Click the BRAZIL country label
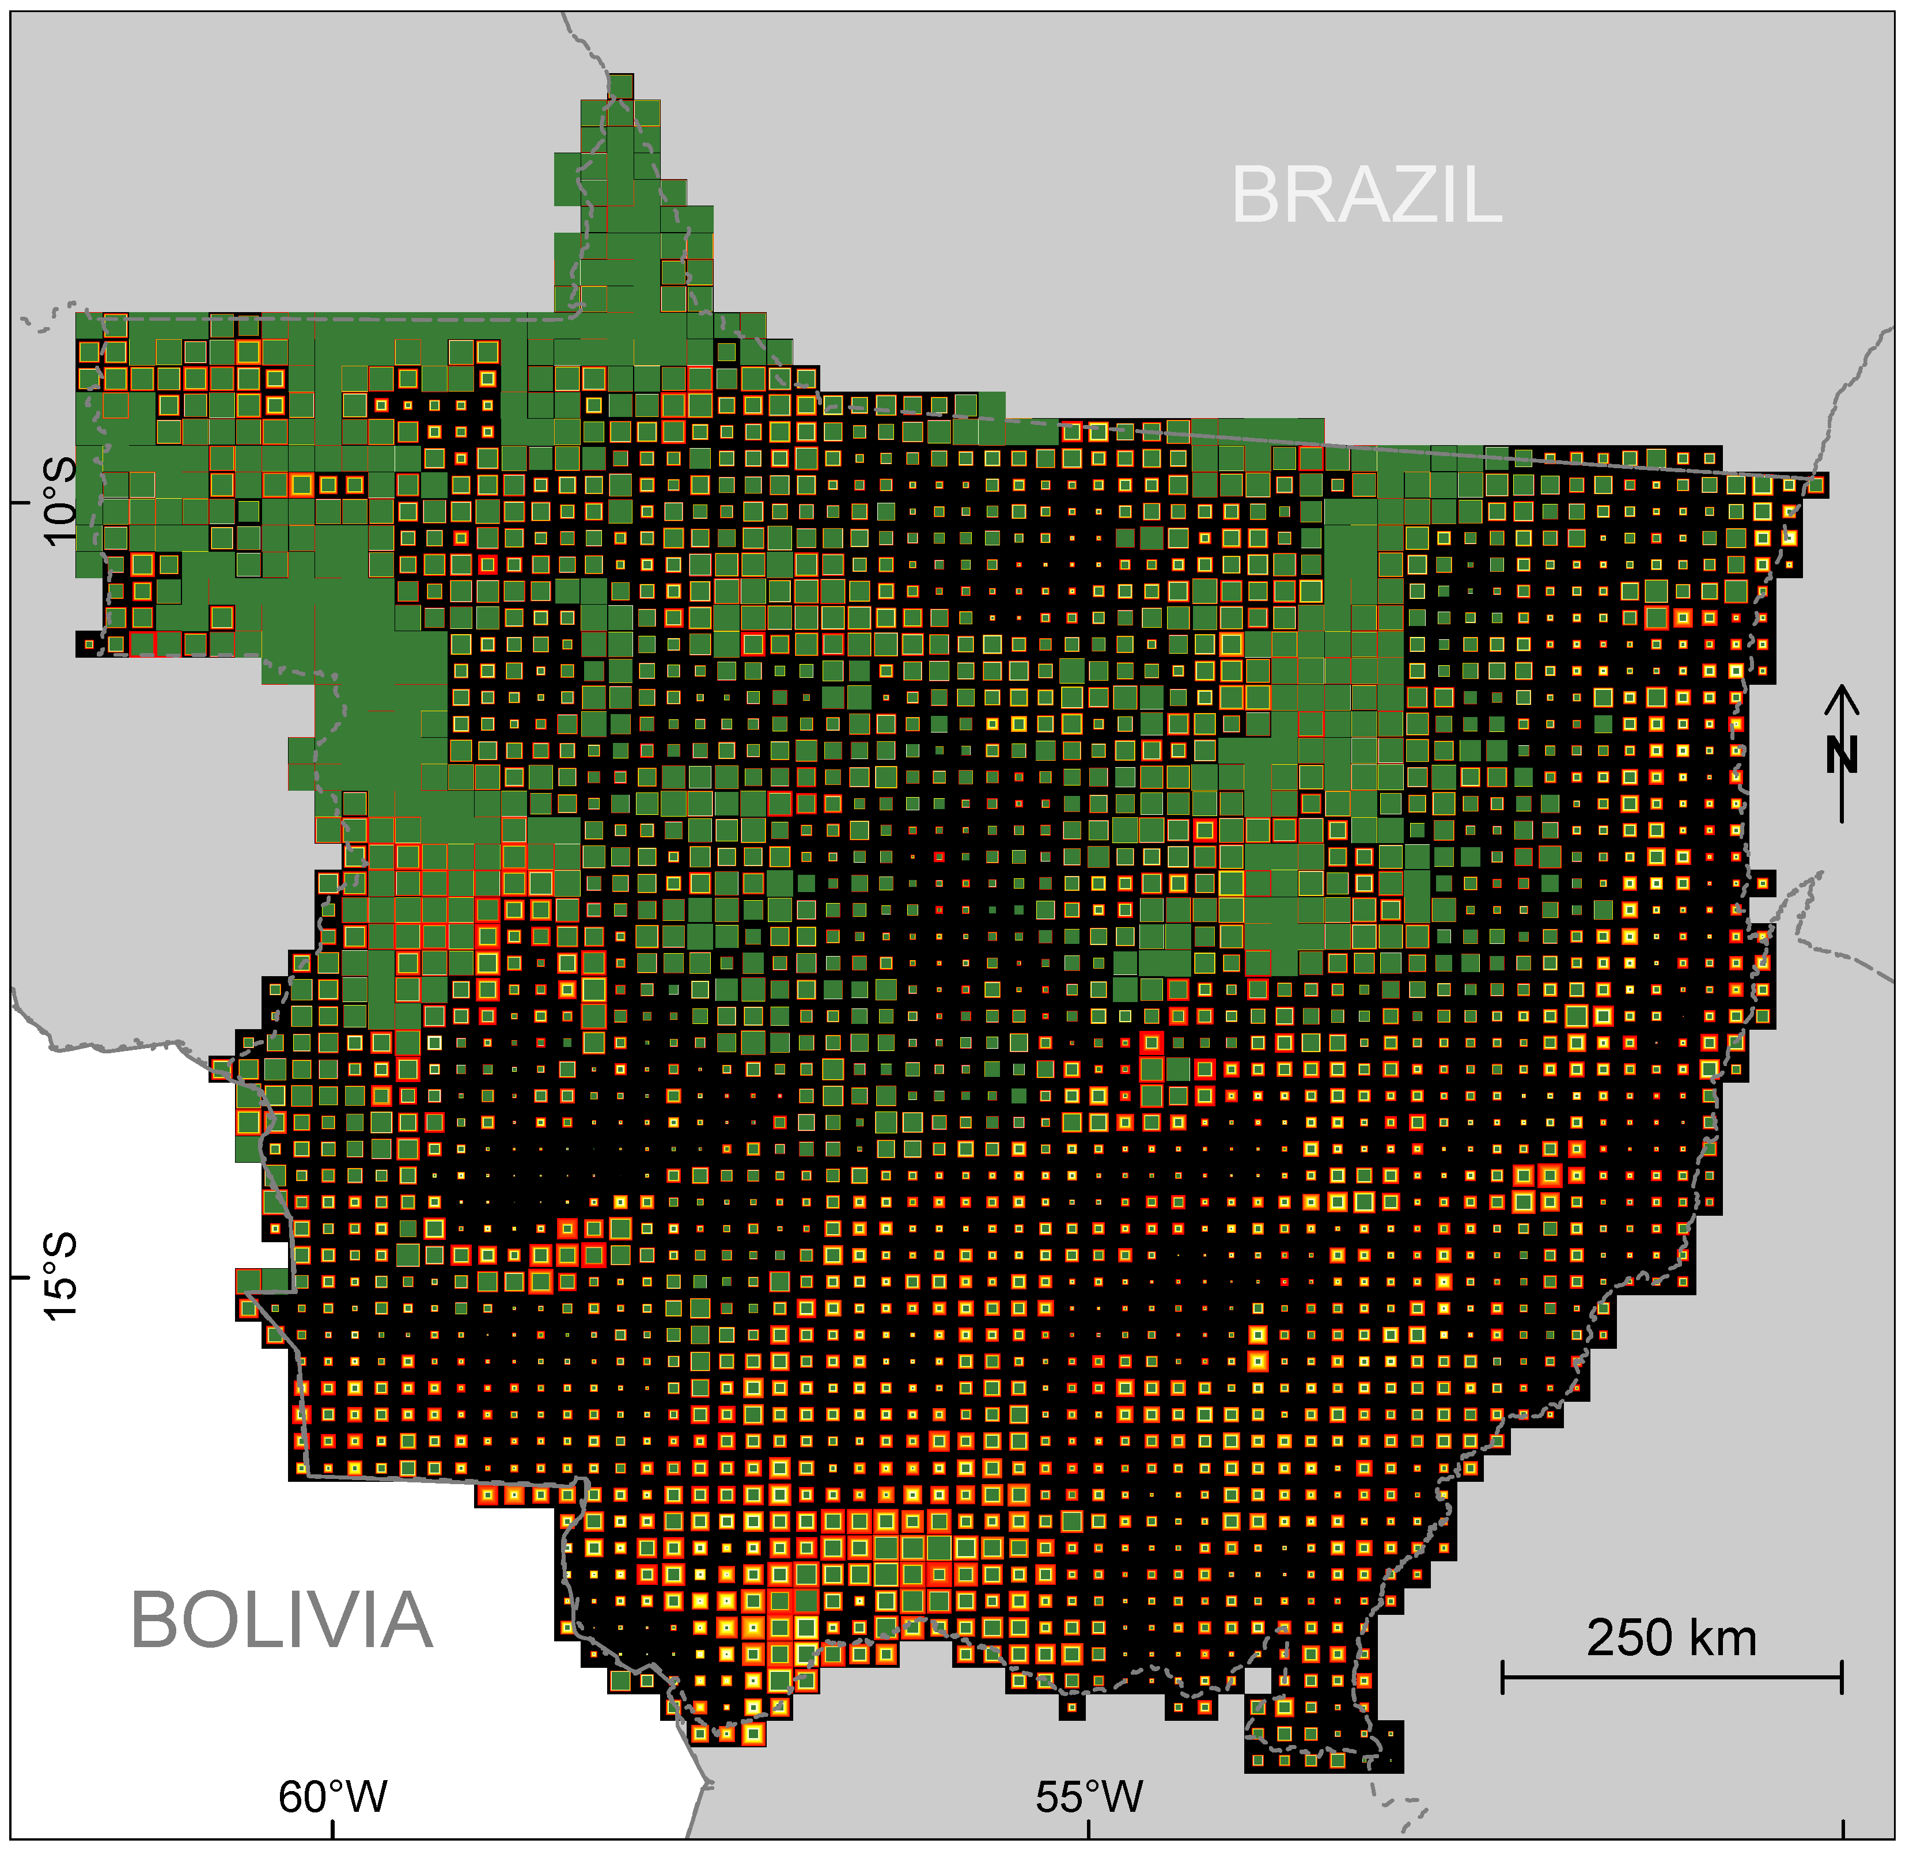(x=1366, y=195)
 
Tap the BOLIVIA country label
(x=282, y=1621)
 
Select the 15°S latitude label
(x=60, y=1276)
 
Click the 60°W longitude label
(x=333, y=1796)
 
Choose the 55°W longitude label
(x=1089, y=1796)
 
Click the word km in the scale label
(x=1723, y=1637)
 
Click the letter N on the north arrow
(x=1842, y=754)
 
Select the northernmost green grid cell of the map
(x=620, y=86)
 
